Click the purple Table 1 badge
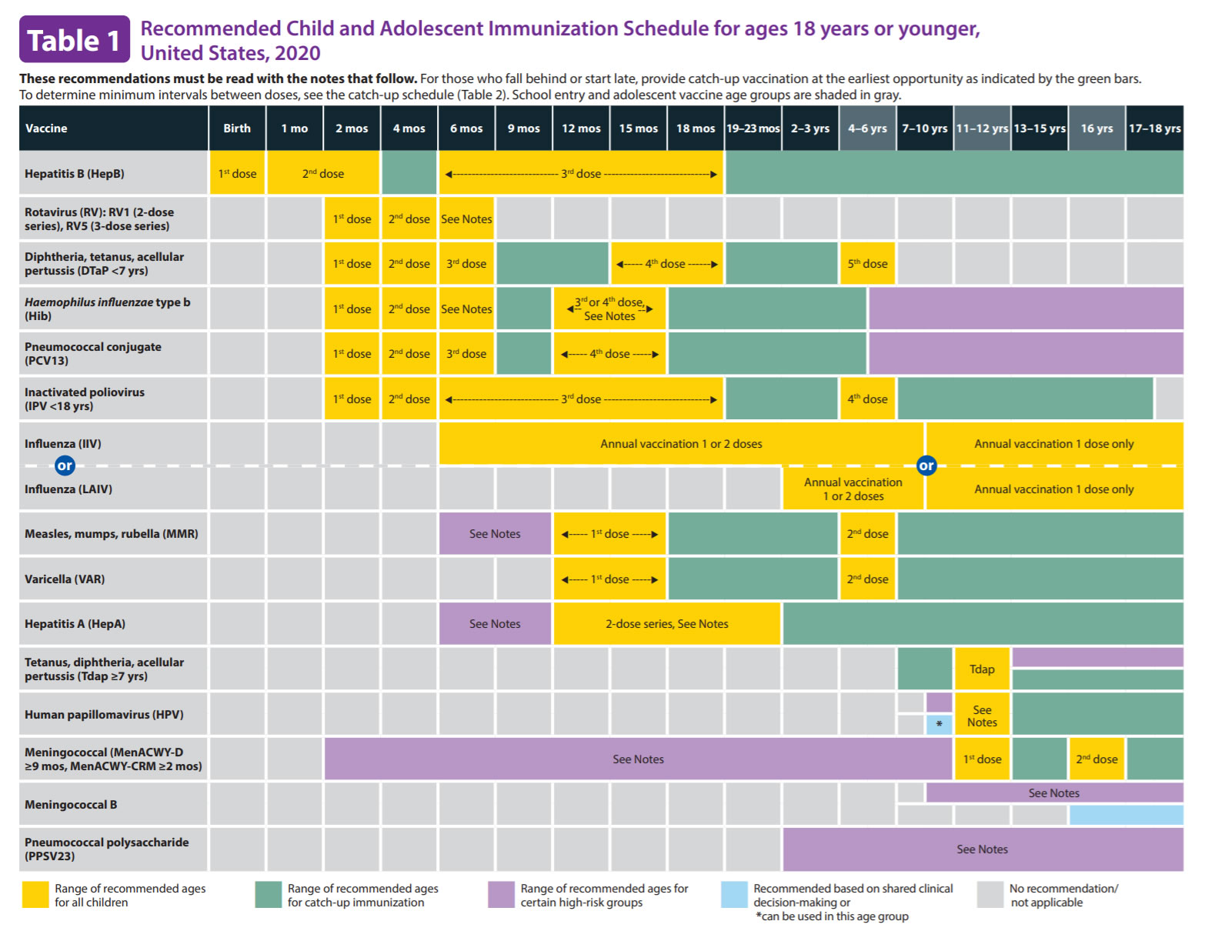74,40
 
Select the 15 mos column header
638,128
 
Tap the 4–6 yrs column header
867,128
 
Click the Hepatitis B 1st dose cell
237,173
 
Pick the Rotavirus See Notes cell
466,219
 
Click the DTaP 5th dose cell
867,264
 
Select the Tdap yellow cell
982,669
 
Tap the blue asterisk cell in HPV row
939,724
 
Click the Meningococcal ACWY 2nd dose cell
1097,759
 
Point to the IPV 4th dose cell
867,399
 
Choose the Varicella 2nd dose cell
867,579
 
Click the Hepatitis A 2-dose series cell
666,624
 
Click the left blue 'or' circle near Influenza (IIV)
65,465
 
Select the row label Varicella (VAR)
65,579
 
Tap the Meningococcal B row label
71,805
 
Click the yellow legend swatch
35,895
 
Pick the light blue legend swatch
734,895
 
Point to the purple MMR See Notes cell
495,534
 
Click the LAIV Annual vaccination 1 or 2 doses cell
853,489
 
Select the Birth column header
237,128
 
